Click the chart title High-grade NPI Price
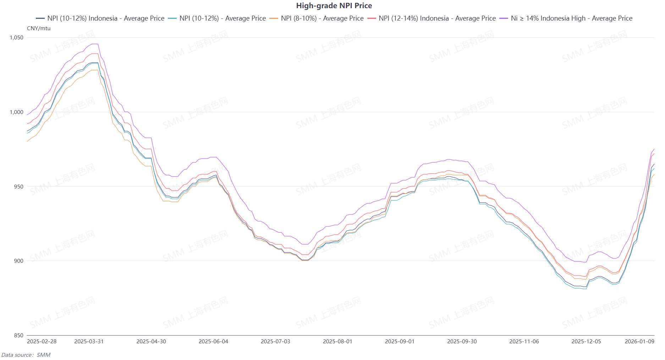point(334,6)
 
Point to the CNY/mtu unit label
point(39,28)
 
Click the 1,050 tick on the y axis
point(17,38)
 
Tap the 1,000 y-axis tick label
point(17,112)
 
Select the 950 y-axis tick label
point(18,187)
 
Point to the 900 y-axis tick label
point(18,261)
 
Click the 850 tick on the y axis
point(18,336)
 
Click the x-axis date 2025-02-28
point(42,342)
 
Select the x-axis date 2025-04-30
point(151,342)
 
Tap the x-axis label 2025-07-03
point(275,342)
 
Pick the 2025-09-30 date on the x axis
point(462,342)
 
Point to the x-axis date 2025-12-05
point(586,342)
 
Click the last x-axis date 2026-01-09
point(639,342)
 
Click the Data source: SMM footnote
point(26,355)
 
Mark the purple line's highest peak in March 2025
point(95,44)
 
